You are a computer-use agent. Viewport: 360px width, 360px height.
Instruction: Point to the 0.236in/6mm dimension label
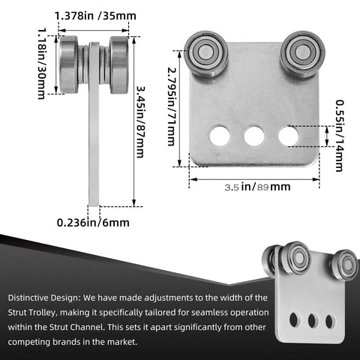[92, 222]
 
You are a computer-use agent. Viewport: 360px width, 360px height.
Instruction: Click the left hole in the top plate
[220, 136]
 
